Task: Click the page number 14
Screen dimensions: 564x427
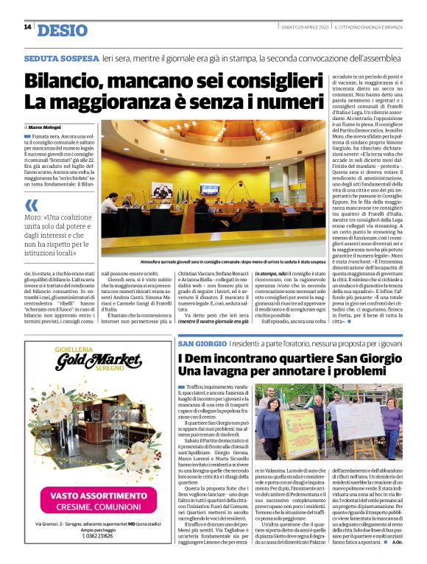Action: pyautogui.click(x=27, y=27)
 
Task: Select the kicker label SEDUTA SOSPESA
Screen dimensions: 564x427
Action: pyautogui.click(x=61, y=58)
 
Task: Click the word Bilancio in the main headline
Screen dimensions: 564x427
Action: pyautogui.click(x=66, y=80)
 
